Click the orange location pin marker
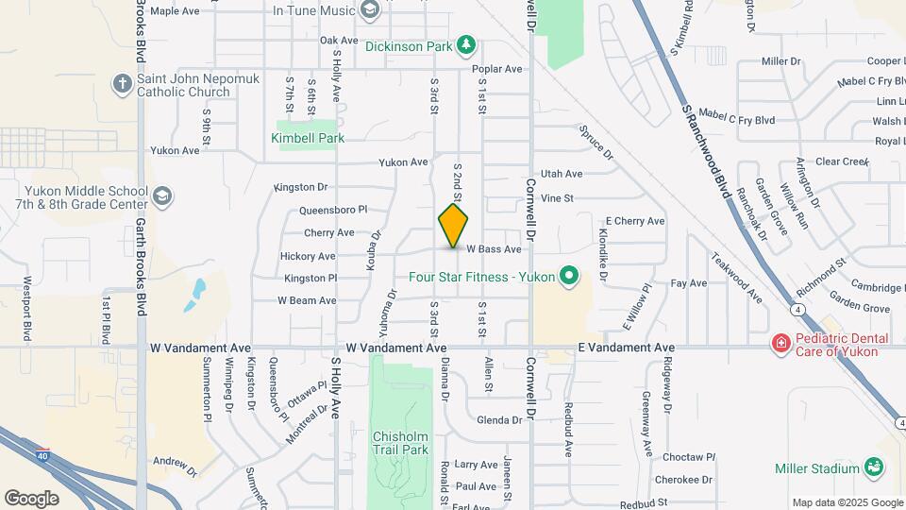click(x=453, y=225)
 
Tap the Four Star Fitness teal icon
click(x=568, y=277)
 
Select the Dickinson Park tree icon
click(x=464, y=44)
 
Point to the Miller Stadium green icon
click(x=874, y=467)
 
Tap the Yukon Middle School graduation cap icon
click(x=161, y=196)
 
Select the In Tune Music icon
click(x=370, y=11)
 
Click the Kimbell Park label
click(x=308, y=138)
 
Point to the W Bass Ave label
click(x=492, y=249)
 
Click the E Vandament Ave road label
click(x=627, y=348)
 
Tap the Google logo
click(x=31, y=498)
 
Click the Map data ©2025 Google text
click(x=847, y=502)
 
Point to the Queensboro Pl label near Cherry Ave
click(x=333, y=210)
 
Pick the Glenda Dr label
click(x=499, y=420)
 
